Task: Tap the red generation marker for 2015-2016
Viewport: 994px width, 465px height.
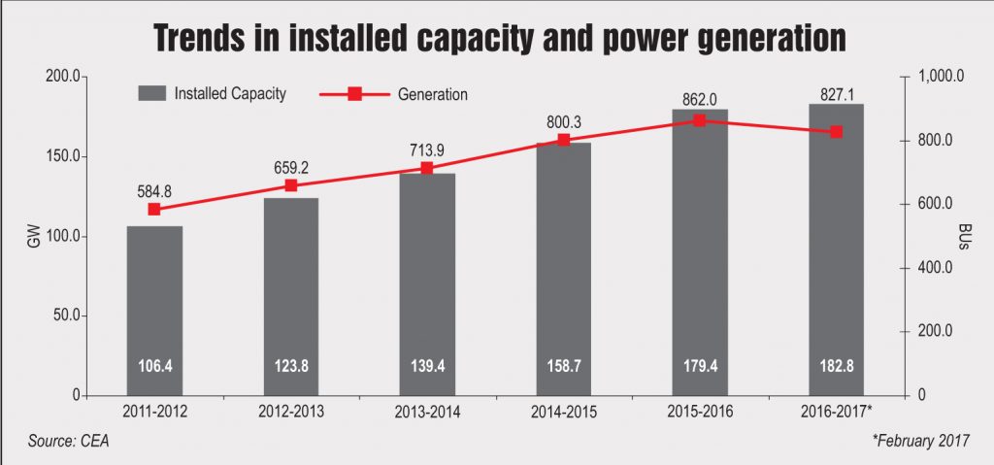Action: point(699,120)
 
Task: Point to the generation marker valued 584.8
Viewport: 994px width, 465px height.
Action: point(153,209)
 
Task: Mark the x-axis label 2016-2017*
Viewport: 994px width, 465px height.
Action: point(838,412)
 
